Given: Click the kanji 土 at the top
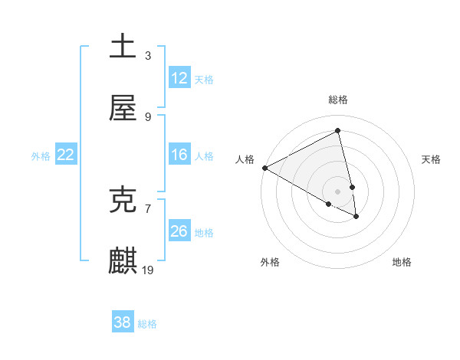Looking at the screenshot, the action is (x=123, y=45).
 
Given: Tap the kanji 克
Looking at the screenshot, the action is (x=123, y=199).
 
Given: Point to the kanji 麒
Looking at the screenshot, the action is (x=123, y=260).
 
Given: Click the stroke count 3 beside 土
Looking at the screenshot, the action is (x=147, y=55).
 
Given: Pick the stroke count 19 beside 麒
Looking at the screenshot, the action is (x=149, y=270).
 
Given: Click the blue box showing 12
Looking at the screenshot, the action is (x=179, y=78).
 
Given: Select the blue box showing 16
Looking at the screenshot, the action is (x=179, y=155).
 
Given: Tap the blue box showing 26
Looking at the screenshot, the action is (x=179, y=231).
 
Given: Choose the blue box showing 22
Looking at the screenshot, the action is (x=65, y=155).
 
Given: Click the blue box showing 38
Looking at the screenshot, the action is (x=122, y=322).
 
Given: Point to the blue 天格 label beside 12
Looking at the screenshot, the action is (x=204, y=79).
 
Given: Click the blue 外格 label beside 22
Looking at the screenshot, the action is (x=41, y=155).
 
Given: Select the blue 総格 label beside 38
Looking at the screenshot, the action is (x=147, y=323).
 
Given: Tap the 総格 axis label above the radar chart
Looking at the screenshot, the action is (x=338, y=100).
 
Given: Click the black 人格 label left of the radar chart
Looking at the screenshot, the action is (x=245, y=159).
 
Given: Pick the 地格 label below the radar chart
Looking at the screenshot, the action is (x=402, y=262).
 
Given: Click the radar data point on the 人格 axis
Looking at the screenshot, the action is (x=264, y=168).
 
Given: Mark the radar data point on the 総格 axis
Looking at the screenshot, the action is (x=338, y=131).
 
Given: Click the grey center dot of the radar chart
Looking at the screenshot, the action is (x=338, y=191).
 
